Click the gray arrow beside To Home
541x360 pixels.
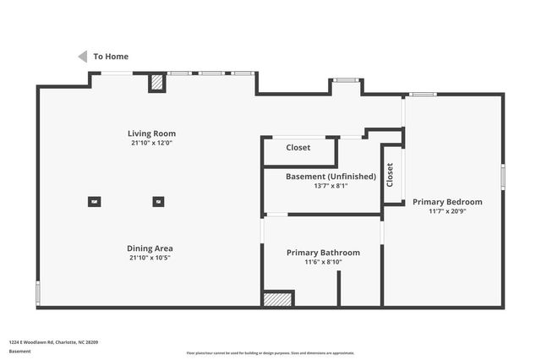pyautogui.click(x=83, y=57)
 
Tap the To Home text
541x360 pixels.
pyautogui.click(x=111, y=57)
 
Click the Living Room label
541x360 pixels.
pyautogui.click(x=151, y=134)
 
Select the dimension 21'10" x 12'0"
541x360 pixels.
pyautogui.click(x=151, y=144)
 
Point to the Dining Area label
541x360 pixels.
pyautogui.click(x=150, y=248)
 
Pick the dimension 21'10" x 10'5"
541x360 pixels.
pyautogui.click(x=150, y=259)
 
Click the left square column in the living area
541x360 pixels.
pyautogui.click(x=94, y=201)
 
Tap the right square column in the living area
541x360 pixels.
pyautogui.click(x=158, y=201)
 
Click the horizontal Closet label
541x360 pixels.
pyautogui.click(x=298, y=148)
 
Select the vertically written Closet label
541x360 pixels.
pyautogui.click(x=390, y=175)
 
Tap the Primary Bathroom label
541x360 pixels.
pyautogui.click(x=323, y=253)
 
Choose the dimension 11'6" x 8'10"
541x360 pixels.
pyautogui.click(x=323, y=263)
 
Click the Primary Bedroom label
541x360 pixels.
pyautogui.click(x=447, y=202)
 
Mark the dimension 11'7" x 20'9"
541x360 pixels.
pyautogui.click(x=447, y=212)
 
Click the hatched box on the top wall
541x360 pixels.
pyautogui.click(x=157, y=83)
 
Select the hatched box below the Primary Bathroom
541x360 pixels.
pyautogui.click(x=277, y=298)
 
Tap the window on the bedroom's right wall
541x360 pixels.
pyautogui.click(x=502, y=176)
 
